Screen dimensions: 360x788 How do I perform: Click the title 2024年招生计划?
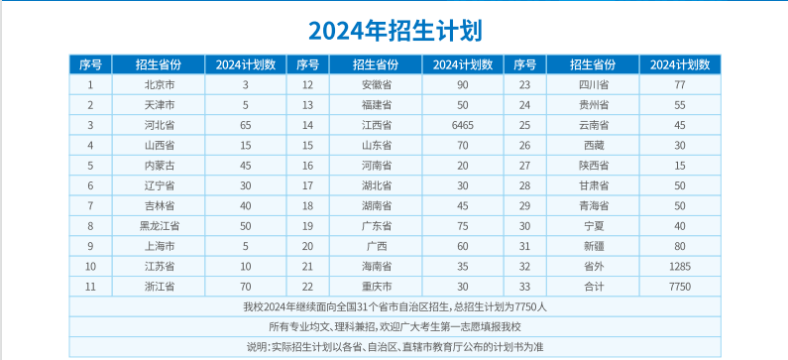394,30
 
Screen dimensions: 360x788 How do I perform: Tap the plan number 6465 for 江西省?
462,125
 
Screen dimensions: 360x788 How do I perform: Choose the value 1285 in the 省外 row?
679,266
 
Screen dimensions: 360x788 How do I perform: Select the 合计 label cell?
594,286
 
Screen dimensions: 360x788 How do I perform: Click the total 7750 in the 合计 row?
679,286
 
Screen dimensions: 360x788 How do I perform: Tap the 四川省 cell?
594,84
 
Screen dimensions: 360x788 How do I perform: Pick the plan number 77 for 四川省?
679,84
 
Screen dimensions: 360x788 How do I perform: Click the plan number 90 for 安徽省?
462,84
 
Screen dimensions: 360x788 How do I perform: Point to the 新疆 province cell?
594,245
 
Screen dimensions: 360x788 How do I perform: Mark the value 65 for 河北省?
245,125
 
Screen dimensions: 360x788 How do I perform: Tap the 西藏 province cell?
594,145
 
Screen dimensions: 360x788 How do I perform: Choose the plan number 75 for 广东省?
462,225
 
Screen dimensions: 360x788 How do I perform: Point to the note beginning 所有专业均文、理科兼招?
394,326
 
